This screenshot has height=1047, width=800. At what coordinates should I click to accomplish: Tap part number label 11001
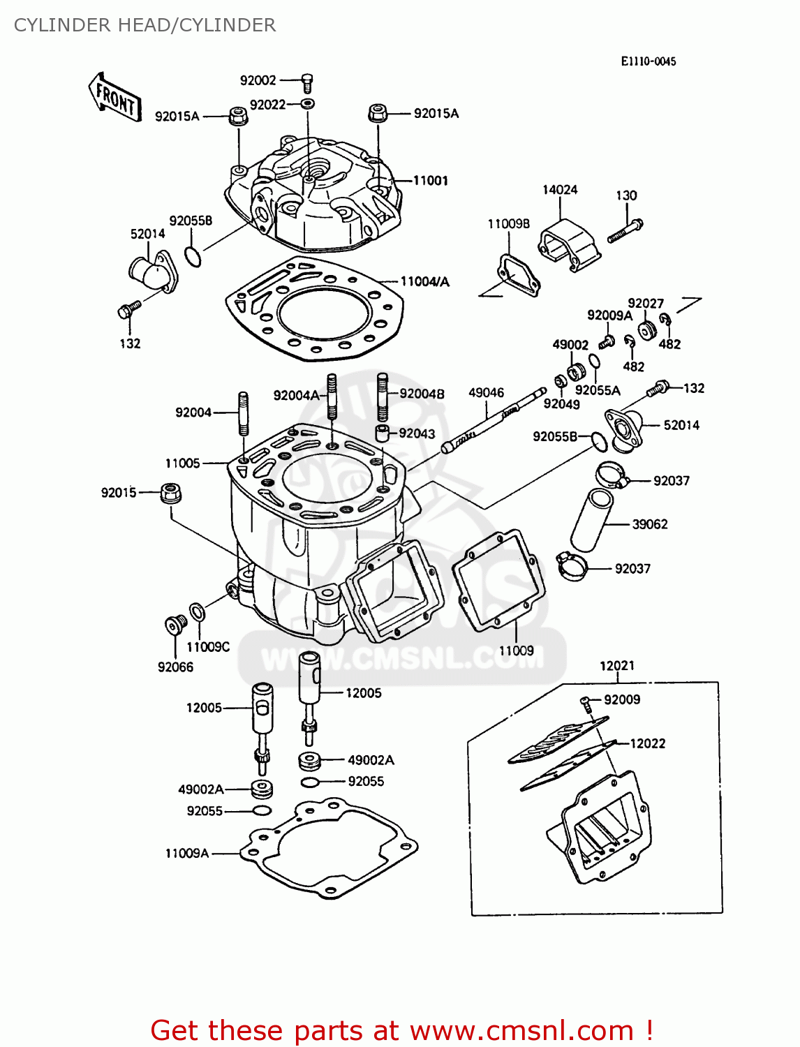point(430,181)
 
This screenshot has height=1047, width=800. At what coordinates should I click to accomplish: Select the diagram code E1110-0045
point(648,61)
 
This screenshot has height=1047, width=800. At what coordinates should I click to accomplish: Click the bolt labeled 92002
point(307,82)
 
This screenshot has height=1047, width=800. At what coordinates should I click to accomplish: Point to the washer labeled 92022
point(307,104)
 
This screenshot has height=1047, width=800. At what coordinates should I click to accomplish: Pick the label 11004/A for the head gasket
point(424,282)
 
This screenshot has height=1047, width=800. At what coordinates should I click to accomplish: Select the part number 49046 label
point(486,393)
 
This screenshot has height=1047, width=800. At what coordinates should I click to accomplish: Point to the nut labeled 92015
point(170,493)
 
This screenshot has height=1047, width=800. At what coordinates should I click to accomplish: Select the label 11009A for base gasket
point(187,853)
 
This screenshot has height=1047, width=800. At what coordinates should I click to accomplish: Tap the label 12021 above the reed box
point(617,666)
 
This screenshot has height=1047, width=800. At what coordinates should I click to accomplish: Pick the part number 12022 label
point(647,743)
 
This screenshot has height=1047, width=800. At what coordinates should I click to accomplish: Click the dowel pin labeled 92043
point(383,433)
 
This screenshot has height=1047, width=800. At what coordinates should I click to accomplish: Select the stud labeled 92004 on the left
point(243,413)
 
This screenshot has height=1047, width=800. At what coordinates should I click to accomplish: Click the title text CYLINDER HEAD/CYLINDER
point(145,25)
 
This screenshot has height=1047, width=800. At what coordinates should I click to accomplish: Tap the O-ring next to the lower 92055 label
point(262,811)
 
